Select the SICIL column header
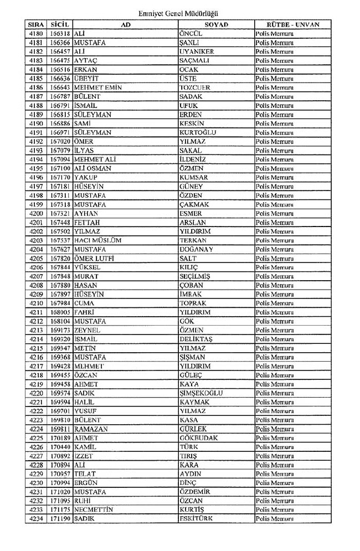point(59,25)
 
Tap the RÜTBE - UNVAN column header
point(293,25)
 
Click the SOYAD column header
point(216,25)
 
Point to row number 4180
point(35,34)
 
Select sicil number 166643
point(59,87)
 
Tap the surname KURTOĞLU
point(198,132)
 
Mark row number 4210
point(35,303)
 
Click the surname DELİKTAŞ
point(196,339)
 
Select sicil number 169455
point(59,375)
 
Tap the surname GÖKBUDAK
point(199,437)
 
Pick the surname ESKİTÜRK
point(197,518)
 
